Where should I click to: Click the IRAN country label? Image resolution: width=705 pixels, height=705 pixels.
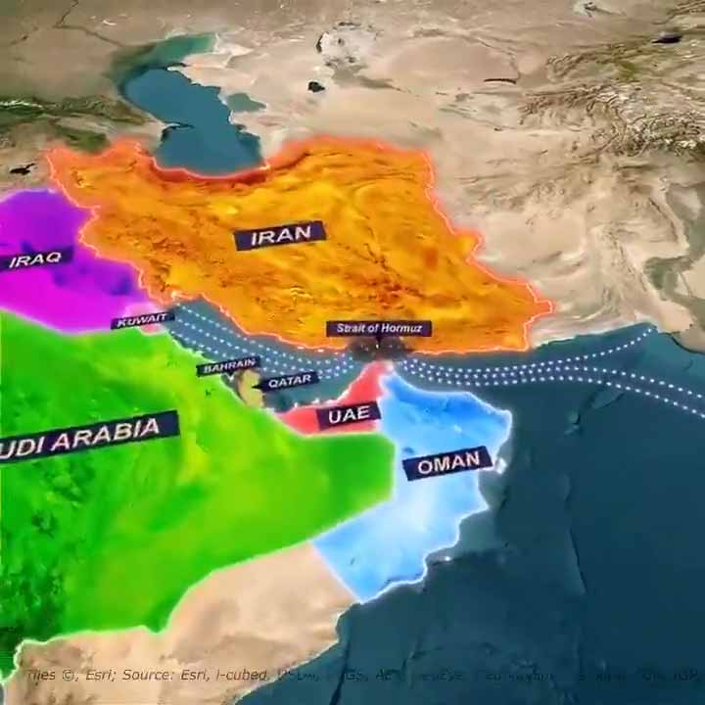click(279, 236)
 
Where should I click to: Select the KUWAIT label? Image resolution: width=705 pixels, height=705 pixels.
click(142, 320)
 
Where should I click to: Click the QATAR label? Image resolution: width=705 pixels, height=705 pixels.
click(289, 380)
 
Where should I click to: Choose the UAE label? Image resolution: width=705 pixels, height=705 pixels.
click(347, 415)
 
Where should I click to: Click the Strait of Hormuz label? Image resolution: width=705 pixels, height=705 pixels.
click(379, 328)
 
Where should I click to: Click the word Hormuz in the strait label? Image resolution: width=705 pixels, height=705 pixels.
click(402, 328)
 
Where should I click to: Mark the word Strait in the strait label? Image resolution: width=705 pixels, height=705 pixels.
click(350, 329)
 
